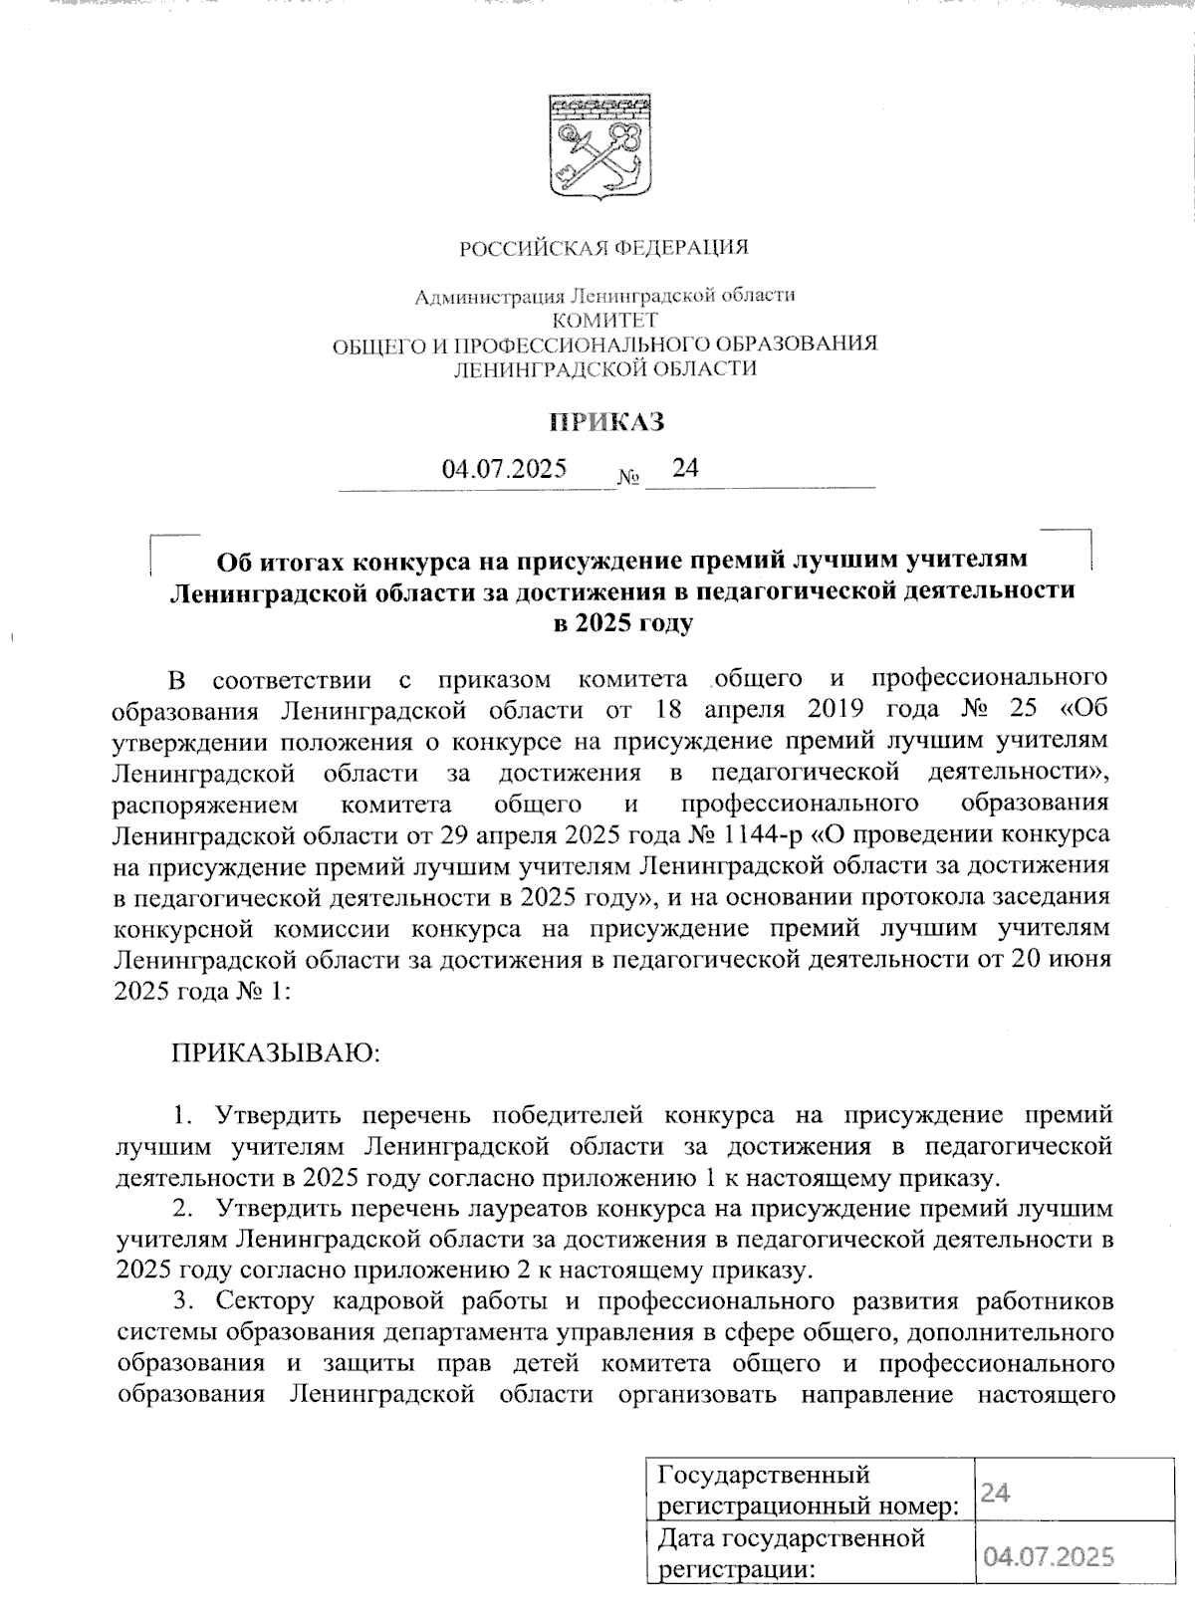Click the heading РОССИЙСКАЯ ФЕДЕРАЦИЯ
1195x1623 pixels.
click(x=602, y=247)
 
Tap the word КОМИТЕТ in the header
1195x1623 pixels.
click(x=604, y=320)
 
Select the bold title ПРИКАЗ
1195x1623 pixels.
click(x=607, y=422)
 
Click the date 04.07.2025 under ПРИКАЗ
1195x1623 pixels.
click(x=505, y=469)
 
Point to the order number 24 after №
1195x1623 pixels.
click(x=685, y=467)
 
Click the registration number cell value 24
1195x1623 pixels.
click(x=996, y=1491)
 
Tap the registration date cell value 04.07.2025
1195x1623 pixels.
click(x=1048, y=1556)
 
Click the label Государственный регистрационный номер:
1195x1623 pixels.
click(x=809, y=1490)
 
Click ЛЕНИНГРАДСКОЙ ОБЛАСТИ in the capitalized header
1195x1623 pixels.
click(x=604, y=369)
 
